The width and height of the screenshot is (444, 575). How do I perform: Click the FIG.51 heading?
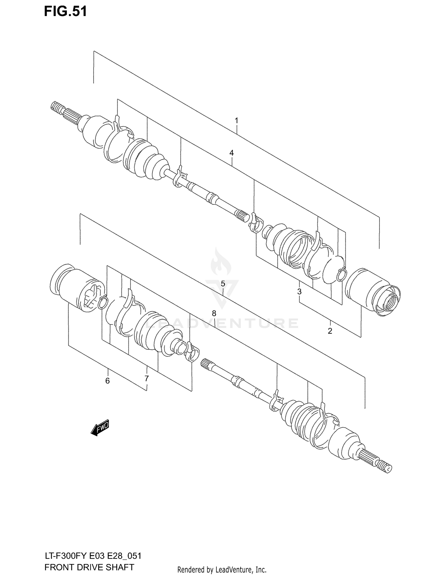coord(65,12)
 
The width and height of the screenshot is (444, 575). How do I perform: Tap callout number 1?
coord(237,121)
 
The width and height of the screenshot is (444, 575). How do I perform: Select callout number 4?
coord(231,153)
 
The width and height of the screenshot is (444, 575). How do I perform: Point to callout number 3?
coord(299,291)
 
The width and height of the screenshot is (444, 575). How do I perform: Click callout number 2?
coord(330,331)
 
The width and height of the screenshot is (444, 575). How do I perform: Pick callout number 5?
coord(223,284)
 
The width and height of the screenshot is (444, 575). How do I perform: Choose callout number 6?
coord(107,381)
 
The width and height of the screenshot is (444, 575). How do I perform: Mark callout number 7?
coord(147,378)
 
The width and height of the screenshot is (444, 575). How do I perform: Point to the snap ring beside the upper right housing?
coord(342,273)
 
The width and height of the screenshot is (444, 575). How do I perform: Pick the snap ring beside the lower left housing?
coord(102,301)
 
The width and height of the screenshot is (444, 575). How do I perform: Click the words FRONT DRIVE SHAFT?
coord(89,567)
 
